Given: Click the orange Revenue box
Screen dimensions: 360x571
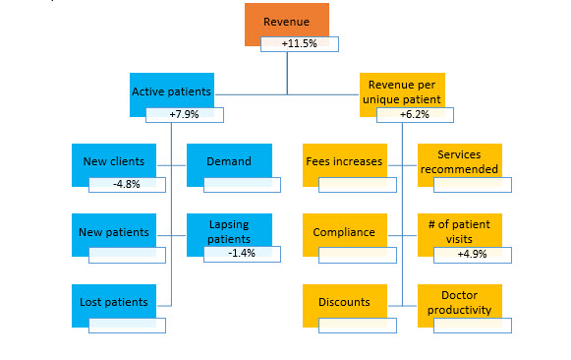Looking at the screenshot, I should pos(286,22).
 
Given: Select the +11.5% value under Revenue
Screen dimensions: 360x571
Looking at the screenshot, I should pos(299,44).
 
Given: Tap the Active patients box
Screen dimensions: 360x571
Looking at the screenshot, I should pos(171,91).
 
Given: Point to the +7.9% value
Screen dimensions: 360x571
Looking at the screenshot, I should pos(185,115).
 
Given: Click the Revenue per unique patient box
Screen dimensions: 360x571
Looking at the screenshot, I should pos(402,91).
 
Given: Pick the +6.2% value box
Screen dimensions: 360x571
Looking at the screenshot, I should pos(415,115).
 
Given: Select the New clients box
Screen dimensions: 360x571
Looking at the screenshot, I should pos(114,161).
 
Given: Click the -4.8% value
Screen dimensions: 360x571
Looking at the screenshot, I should pos(127,184).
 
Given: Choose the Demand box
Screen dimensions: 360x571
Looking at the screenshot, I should pos(229,161).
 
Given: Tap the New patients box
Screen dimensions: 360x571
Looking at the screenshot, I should pos(114,232).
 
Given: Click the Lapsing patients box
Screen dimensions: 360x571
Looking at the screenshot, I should pos(229,231).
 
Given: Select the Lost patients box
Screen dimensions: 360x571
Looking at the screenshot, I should pos(114,302).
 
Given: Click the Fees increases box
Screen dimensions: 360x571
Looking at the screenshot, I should pos(344,161).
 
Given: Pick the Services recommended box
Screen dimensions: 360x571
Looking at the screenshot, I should pos(460,161).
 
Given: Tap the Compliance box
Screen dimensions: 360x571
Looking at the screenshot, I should pos(344,232).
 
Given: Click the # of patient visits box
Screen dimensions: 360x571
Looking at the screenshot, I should pos(460,231).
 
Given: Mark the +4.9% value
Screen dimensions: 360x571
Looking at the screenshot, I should pos(473,255).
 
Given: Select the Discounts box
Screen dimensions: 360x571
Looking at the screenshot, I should pos(344,302).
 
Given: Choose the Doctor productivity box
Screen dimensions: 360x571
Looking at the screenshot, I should pos(460,302).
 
